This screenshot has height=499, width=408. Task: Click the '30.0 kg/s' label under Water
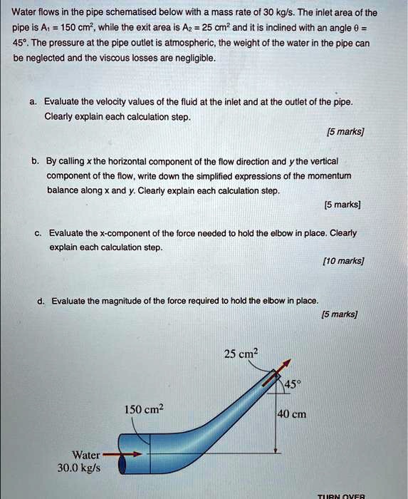[x=79, y=468]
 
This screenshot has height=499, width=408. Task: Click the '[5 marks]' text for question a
[x=344, y=132]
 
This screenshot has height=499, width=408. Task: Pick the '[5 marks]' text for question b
[x=342, y=205]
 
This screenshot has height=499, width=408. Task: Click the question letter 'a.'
[x=33, y=101]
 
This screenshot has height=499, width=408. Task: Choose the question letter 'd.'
[x=42, y=301]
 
